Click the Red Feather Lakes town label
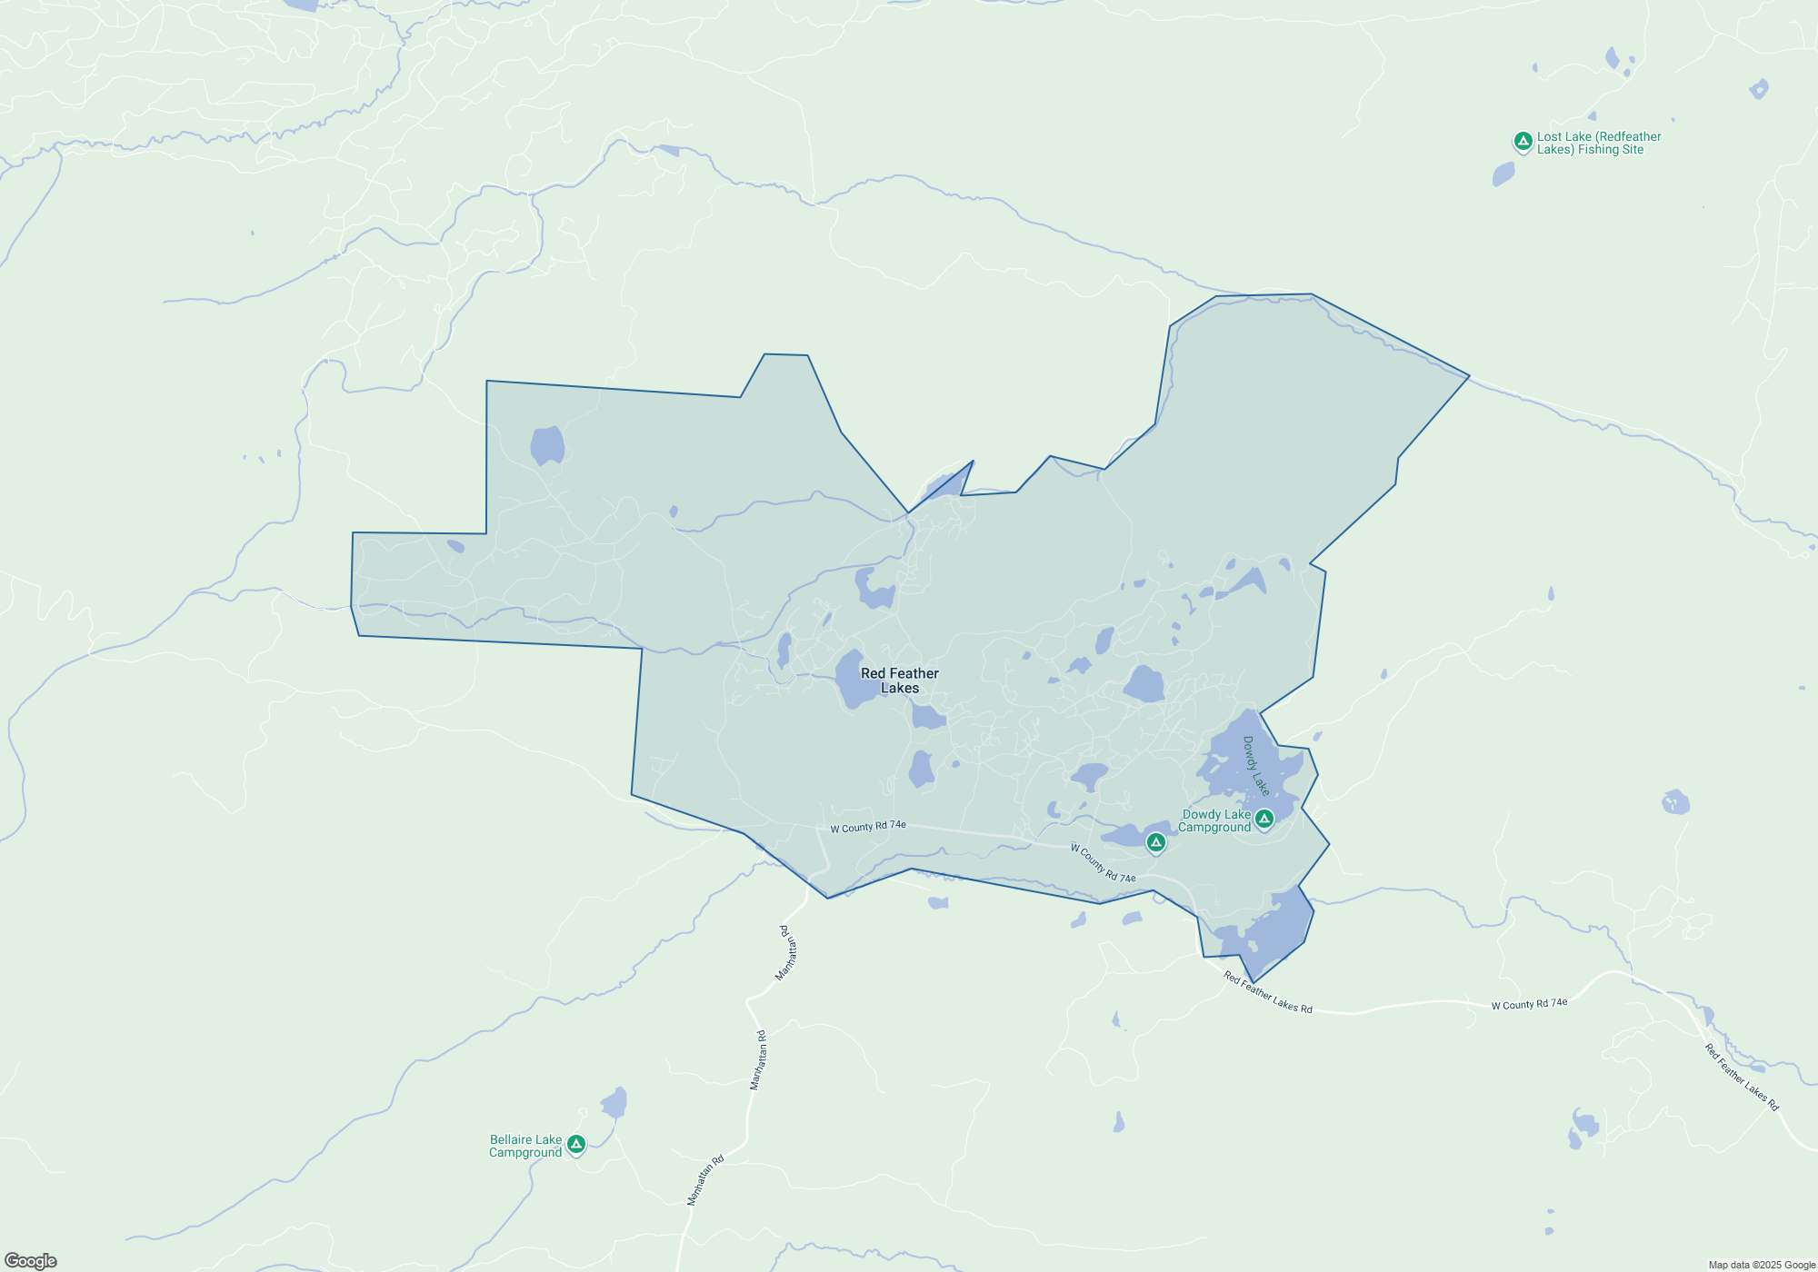pos(899,681)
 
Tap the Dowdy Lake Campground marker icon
pos(1264,820)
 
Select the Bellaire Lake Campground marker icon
pos(575,1144)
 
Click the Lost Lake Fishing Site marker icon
pos(1523,141)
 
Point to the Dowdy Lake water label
pos(1255,766)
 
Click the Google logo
pos(31,1261)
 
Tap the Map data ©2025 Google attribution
pos(1761,1265)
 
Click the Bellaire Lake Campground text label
pos(525,1146)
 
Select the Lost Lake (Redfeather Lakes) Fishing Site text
pos(1598,144)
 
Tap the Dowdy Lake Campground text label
pos(1215,821)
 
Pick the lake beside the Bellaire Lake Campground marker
pos(614,1103)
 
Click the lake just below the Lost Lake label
pos(1503,174)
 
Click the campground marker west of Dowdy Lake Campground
pos(1155,843)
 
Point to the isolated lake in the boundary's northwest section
pos(547,445)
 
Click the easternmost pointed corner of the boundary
pos(1469,375)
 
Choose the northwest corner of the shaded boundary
pos(487,382)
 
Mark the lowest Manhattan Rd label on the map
pos(705,1179)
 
